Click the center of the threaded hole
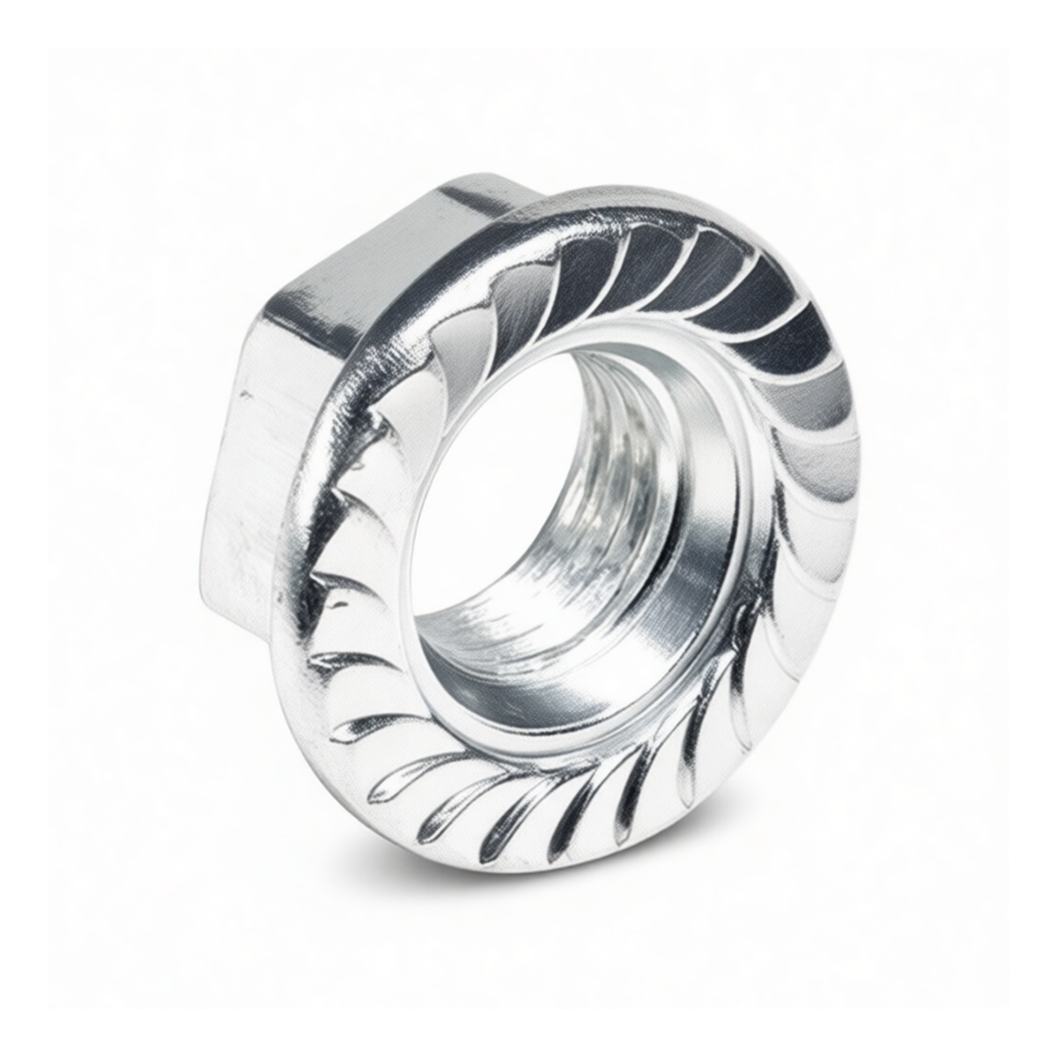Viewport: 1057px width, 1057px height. coord(573,537)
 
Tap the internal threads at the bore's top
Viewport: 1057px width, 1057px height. coord(617,388)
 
